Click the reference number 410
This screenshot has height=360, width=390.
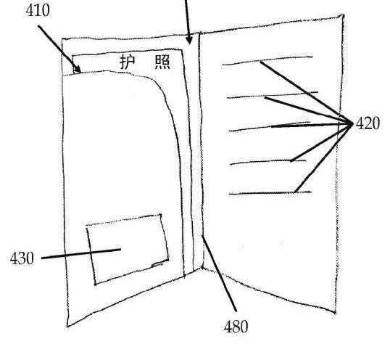coord(38,10)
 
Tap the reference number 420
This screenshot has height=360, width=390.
coord(368,123)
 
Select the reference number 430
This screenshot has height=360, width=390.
coord(22,258)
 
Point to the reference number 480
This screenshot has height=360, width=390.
coord(236,327)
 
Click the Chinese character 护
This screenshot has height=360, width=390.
coord(128,62)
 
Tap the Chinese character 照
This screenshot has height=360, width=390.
coord(162,62)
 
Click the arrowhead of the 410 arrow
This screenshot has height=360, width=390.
coord(78,69)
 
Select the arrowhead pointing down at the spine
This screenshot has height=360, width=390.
coord(189,40)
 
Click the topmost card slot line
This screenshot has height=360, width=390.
coord(267,60)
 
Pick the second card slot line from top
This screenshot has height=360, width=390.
coord(273,95)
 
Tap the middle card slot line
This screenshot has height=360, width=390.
coord(270,126)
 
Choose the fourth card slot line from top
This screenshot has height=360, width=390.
coord(268,163)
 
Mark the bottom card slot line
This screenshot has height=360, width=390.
coord(270,193)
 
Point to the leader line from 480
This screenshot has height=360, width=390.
coord(219,273)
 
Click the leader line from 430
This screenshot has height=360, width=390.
coord(81,253)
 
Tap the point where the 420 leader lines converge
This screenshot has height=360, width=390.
coord(353,123)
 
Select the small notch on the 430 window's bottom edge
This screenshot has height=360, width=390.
coord(157,264)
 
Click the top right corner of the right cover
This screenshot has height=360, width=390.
coord(344,15)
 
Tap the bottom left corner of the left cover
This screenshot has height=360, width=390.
coord(67,327)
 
